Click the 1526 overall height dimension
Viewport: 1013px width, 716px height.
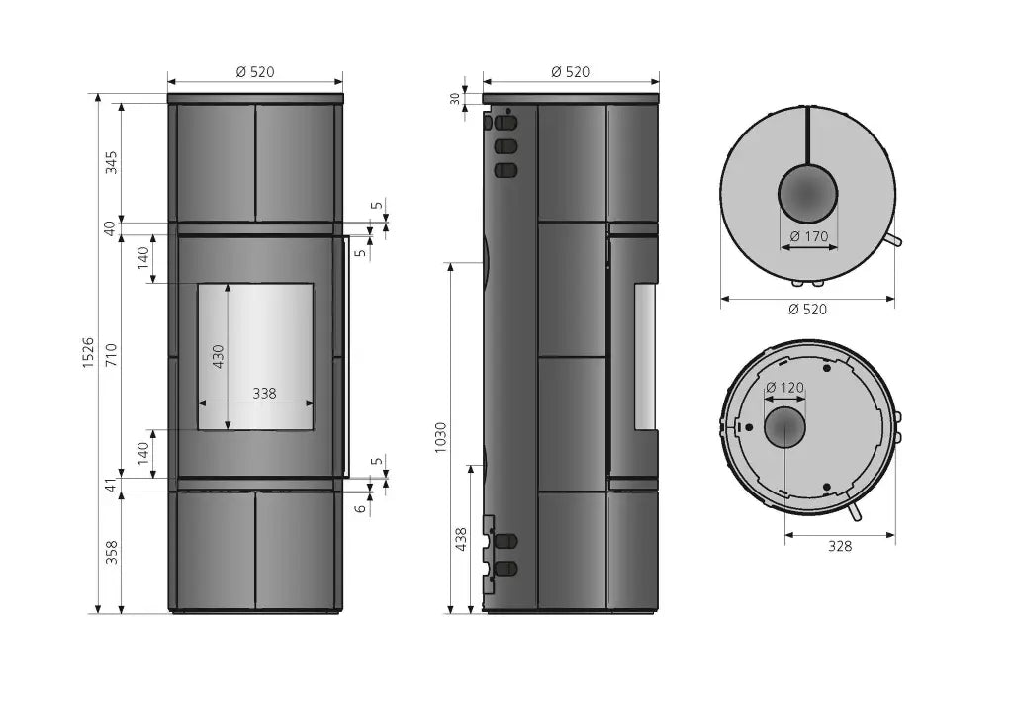coord(88,352)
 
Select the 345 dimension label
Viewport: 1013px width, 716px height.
coord(112,162)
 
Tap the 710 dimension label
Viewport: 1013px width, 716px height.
coord(112,356)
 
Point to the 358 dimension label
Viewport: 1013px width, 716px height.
coord(112,552)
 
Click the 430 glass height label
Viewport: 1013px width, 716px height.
coord(219,356)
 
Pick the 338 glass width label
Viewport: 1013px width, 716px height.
coord(264,393)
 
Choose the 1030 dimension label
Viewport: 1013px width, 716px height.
coord(440,437)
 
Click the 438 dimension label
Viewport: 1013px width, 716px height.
coord(461,539)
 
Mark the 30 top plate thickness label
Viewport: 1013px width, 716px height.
coord(455,99)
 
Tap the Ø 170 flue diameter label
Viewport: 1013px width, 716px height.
coord(809,236)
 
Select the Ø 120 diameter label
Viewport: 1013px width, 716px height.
coord(784,388)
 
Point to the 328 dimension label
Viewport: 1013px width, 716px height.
coord(840,546)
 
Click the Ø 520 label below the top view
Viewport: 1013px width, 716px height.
coord(807,310)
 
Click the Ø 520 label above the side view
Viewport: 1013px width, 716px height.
coord(571,71)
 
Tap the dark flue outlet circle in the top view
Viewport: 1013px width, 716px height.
coord(807,194)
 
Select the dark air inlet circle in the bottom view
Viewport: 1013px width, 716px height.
coord(784,427)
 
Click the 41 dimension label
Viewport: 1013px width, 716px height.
coord(112,485)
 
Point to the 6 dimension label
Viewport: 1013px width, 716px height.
coord(360,508)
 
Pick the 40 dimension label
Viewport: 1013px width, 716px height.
coord(111,228)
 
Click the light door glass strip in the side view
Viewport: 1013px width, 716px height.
coord(644,357)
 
